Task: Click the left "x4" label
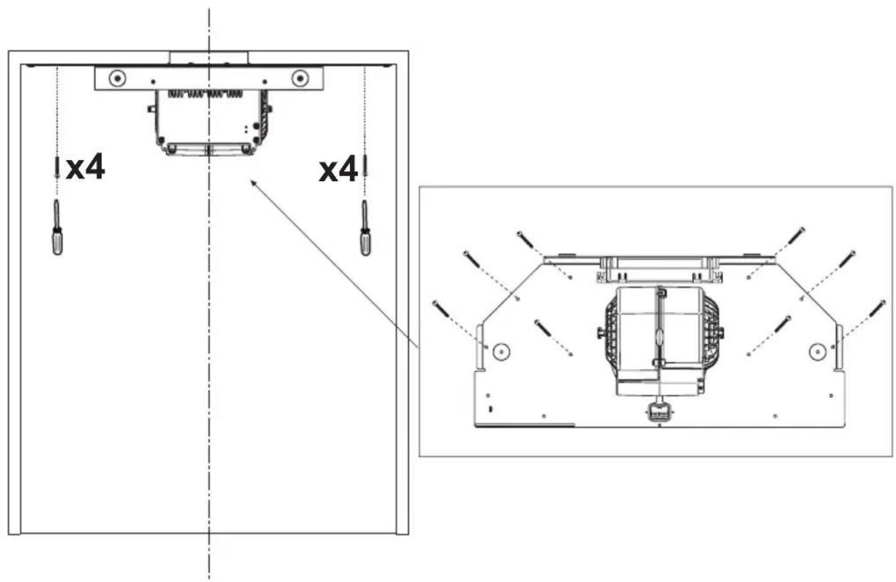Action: coord(86,167)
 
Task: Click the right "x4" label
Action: coord(338,169)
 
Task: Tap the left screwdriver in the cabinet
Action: coord(57,227)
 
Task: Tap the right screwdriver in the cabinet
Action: coord(365,228)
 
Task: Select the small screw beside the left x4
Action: coord(57,167)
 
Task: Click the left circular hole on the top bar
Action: coord(118,78)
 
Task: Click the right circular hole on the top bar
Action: coord(300,78)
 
